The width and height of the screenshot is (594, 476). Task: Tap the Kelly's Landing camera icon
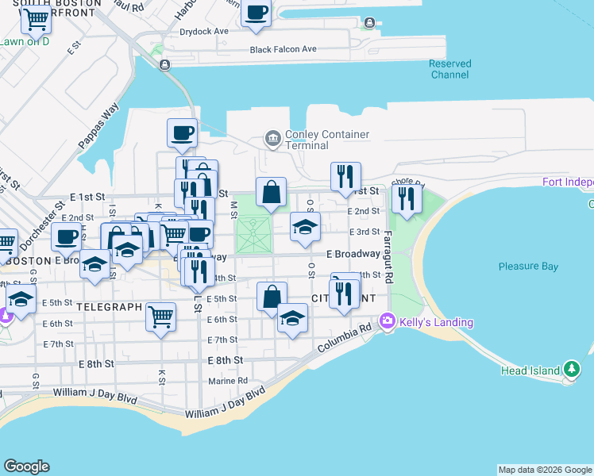pos(388,321)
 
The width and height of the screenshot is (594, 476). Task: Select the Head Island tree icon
pos(571,369)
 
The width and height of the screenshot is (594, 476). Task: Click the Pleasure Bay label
pos(528,267)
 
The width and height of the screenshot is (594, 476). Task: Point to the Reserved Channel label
pos(449,69)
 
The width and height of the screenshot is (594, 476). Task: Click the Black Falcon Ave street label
pos(283,49)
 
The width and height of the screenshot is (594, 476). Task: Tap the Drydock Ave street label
pos(204,32)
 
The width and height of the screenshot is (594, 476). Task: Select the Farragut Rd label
pos(388,249)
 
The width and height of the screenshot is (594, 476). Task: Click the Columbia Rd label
pos(344,339)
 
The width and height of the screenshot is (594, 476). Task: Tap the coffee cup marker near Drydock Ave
pos(256,13)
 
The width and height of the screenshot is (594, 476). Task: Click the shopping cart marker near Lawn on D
pos(36,19)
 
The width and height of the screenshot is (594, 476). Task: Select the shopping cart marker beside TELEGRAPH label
pos(161,317)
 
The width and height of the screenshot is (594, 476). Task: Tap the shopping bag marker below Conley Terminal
pos(271,192)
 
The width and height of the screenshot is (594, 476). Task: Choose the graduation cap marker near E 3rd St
pos(306,228)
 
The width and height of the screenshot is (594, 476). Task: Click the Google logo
pos(26,466)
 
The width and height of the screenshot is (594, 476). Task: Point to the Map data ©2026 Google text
pos(545,470)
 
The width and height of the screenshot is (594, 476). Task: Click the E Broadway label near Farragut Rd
pos(353,254)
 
